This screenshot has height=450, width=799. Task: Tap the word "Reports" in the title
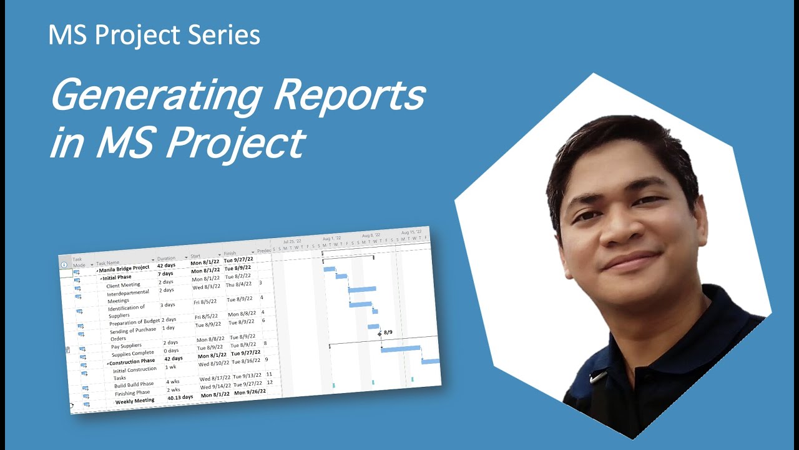(x=350, y=97)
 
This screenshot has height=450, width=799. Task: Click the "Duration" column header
(x=167, y=258)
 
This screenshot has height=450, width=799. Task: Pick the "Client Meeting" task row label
(x=123, y=285)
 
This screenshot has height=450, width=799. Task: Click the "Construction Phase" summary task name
(x=132, y=361)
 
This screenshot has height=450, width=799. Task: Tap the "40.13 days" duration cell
(x=180, y=397)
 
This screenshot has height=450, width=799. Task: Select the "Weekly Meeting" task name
(x=135, y=401)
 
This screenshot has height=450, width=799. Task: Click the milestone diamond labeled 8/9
(x=380, y=334)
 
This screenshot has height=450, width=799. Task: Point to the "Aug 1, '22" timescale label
(x=331, y=238)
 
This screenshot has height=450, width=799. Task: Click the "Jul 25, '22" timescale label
(x=292, y=241)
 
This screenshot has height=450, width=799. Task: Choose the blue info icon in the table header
(x=64, y=264)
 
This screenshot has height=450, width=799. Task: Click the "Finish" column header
(x=230, y=254)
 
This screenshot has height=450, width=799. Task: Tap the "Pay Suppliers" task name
(x=126, y=346)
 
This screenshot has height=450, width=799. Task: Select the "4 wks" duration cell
(x=172, y=381)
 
